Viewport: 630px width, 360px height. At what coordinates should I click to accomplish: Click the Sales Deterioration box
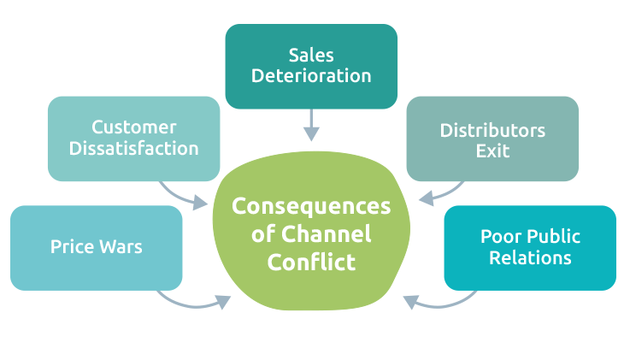coord(311,66)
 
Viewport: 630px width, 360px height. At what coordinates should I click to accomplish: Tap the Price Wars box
coord(96,248)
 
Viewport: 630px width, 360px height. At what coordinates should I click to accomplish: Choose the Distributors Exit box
coord(492,139)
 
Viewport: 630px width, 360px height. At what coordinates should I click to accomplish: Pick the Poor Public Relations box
coord(530,248)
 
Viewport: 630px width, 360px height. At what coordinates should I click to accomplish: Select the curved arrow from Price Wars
coord(192,300)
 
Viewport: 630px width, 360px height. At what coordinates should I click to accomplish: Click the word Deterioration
coord(311,76)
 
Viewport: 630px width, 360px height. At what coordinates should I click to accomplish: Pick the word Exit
coord(492,151)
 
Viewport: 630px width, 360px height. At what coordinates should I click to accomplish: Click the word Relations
coord(530,257)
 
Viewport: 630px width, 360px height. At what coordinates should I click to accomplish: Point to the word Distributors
coord(492,131)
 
